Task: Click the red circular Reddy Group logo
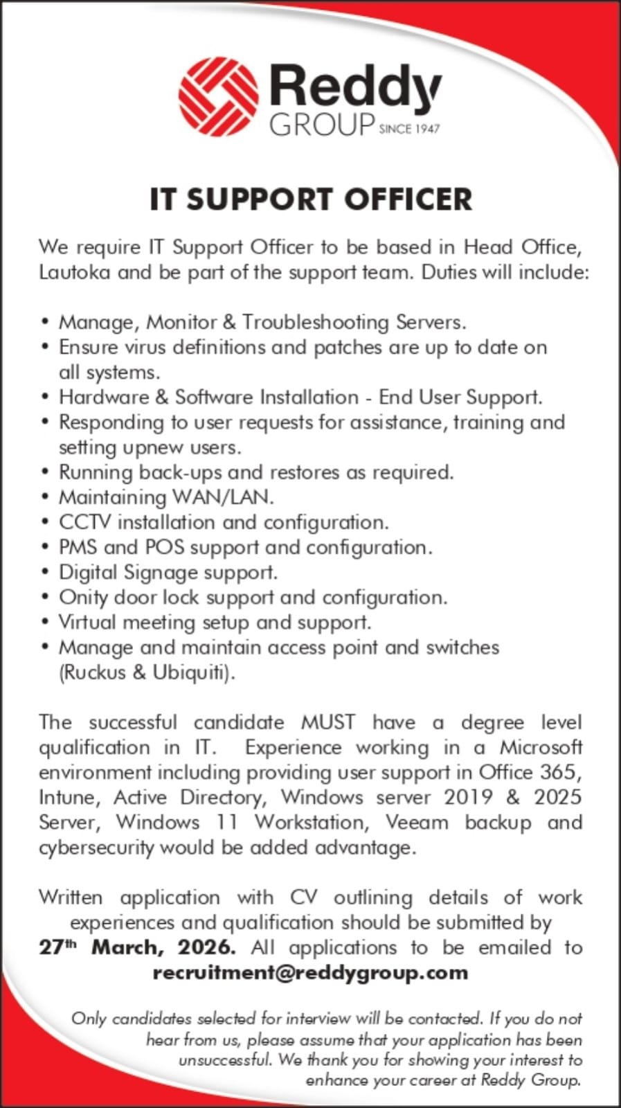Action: (x=218, y=96)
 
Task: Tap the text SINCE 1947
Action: (x=409, y=129)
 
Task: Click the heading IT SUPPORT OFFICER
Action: (x=311, y=199)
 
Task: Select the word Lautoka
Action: (x=74, y=272)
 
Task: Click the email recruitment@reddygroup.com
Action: (x=310, y=972)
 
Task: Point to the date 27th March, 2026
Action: (x=136, y=947)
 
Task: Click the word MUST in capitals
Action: (x=328, y=722)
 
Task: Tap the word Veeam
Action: (x=417, y=822)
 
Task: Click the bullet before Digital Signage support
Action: (x=45, y=573)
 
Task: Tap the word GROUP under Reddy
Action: (x=322, y=125)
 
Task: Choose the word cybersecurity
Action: (x=96, y=848)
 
